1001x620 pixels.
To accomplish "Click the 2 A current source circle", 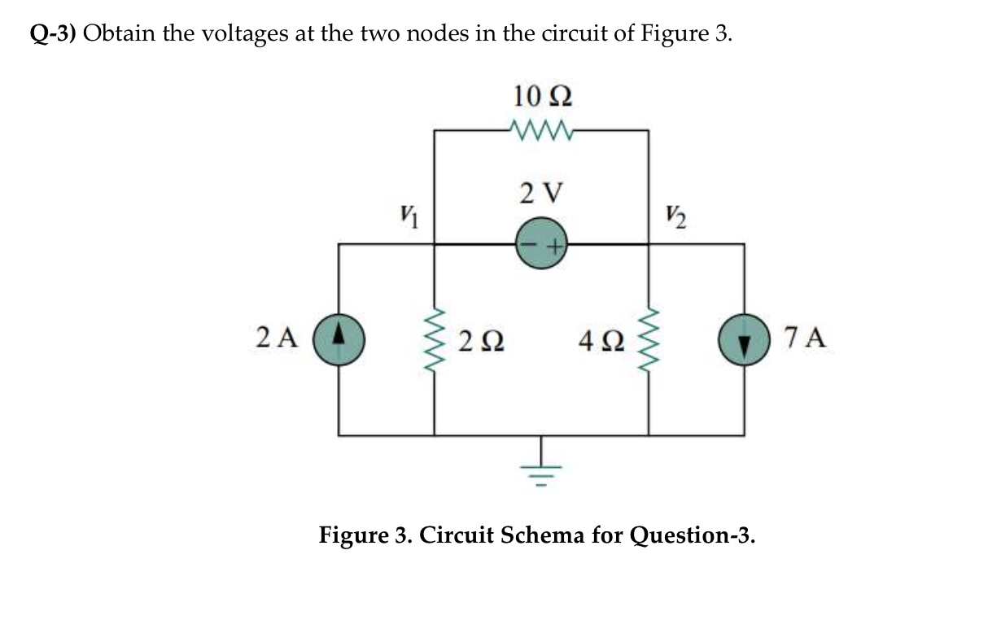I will [x=339, y=337].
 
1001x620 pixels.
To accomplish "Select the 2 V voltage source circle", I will [x=540, y=243].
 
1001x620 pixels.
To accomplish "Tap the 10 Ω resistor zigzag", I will [x=540, y=129].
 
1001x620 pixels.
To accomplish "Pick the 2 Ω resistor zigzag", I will [x=433, y=338].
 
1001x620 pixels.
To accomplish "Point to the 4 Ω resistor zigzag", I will [x=649, y=338].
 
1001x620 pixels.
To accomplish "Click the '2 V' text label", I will [x=540, y=194].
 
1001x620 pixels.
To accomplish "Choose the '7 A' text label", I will [x=806, y=336].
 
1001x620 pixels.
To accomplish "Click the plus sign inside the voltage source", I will [x=552, y=244].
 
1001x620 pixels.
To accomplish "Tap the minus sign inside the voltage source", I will [x=528, y=244].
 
